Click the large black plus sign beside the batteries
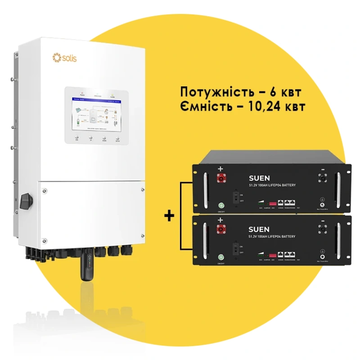(169, 216)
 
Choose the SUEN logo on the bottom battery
(260, 229)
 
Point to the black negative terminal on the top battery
(323, 177)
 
